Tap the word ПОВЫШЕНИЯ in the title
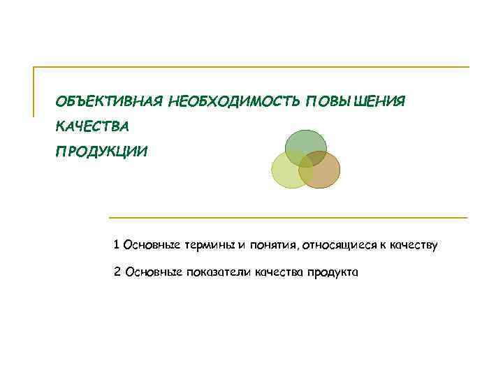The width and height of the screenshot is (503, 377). (356, 103)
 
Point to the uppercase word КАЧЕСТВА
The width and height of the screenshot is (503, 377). (93, 127)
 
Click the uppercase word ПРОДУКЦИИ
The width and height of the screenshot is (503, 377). (103, 151)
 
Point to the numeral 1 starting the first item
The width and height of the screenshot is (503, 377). (117, 245)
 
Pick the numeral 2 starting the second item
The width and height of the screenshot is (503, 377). (117, 272)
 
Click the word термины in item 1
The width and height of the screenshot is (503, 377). (209, 245)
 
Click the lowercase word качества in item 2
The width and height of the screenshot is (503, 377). (278, 272)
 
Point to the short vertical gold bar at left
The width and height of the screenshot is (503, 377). (34, 91)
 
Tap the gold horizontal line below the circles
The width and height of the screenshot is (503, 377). (286, 218)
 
